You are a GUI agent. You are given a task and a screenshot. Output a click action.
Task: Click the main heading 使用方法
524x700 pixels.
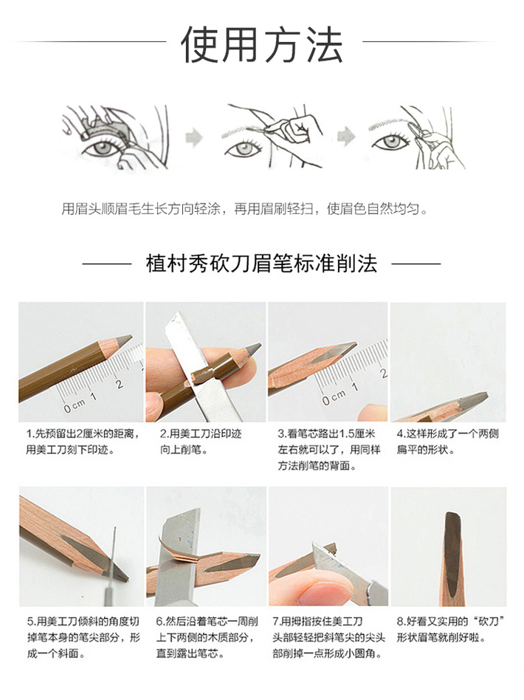(x=262, y=44)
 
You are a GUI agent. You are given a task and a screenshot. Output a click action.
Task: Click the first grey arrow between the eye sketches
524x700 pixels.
(x=194, y=137)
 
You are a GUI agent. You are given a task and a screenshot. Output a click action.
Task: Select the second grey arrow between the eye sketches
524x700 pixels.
(x=346, y=137)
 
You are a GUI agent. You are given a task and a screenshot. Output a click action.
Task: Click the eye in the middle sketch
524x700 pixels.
(x=244, y=148)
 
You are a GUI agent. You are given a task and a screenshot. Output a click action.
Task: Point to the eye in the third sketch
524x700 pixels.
(x=391, y=143)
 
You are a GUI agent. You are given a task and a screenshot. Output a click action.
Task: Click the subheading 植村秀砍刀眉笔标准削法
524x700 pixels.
(x=261, y=263)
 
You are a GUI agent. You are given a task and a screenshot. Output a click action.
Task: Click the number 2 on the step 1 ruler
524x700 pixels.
(x=120, y=383)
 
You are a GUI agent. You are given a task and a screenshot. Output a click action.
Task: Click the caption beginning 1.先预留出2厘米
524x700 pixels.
(x=83, y=442)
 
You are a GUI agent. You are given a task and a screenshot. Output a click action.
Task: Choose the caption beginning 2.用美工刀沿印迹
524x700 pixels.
(x=201, y=442)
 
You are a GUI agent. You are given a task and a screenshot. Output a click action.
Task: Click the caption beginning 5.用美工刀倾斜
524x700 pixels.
(x=83, y=637)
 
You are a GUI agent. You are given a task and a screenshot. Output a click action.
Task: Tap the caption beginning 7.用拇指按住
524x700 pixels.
(x=328, y=637)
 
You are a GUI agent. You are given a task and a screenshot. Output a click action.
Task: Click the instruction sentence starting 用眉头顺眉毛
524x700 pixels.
(x=244, y=208)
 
